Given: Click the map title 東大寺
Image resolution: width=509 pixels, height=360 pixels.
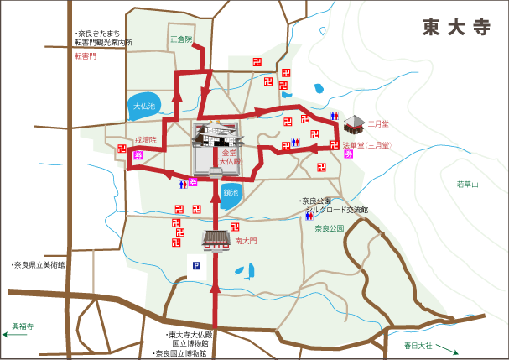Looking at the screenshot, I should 456,27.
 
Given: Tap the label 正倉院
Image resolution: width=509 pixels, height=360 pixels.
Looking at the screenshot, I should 181,39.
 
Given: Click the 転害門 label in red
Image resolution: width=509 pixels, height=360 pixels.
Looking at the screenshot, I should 86,56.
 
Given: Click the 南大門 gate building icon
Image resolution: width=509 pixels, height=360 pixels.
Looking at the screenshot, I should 216,241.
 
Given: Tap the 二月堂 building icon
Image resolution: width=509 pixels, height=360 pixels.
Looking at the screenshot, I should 354,126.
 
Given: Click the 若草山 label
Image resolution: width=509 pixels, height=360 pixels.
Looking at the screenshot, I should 467,184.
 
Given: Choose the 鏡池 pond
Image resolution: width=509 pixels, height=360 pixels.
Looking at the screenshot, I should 231,193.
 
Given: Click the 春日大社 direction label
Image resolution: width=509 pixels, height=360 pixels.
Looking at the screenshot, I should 418,345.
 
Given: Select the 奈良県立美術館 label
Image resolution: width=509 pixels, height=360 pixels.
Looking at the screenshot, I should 38,264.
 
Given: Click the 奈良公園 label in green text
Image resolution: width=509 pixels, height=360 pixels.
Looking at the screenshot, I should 330,228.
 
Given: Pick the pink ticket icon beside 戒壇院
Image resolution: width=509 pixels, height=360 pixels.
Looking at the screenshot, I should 138,155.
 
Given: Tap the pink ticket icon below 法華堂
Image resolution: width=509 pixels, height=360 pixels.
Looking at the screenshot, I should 349,154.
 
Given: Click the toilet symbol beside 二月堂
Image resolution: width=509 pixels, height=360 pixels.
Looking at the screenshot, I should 335,116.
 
